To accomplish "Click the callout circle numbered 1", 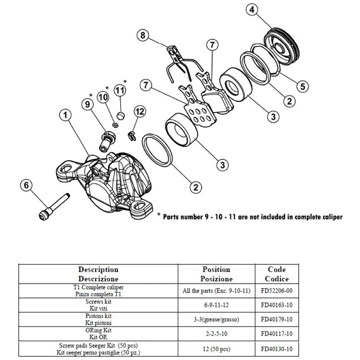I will coord(65,115).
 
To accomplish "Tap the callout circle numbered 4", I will coord(253,10).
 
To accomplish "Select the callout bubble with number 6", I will coord(25,186).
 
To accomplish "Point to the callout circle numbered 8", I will coord(143,36).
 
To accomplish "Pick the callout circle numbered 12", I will coord(140,111).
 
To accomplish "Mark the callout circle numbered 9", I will coord(88,104).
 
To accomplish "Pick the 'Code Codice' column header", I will coord(276,274).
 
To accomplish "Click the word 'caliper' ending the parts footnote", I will coord(328,217).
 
